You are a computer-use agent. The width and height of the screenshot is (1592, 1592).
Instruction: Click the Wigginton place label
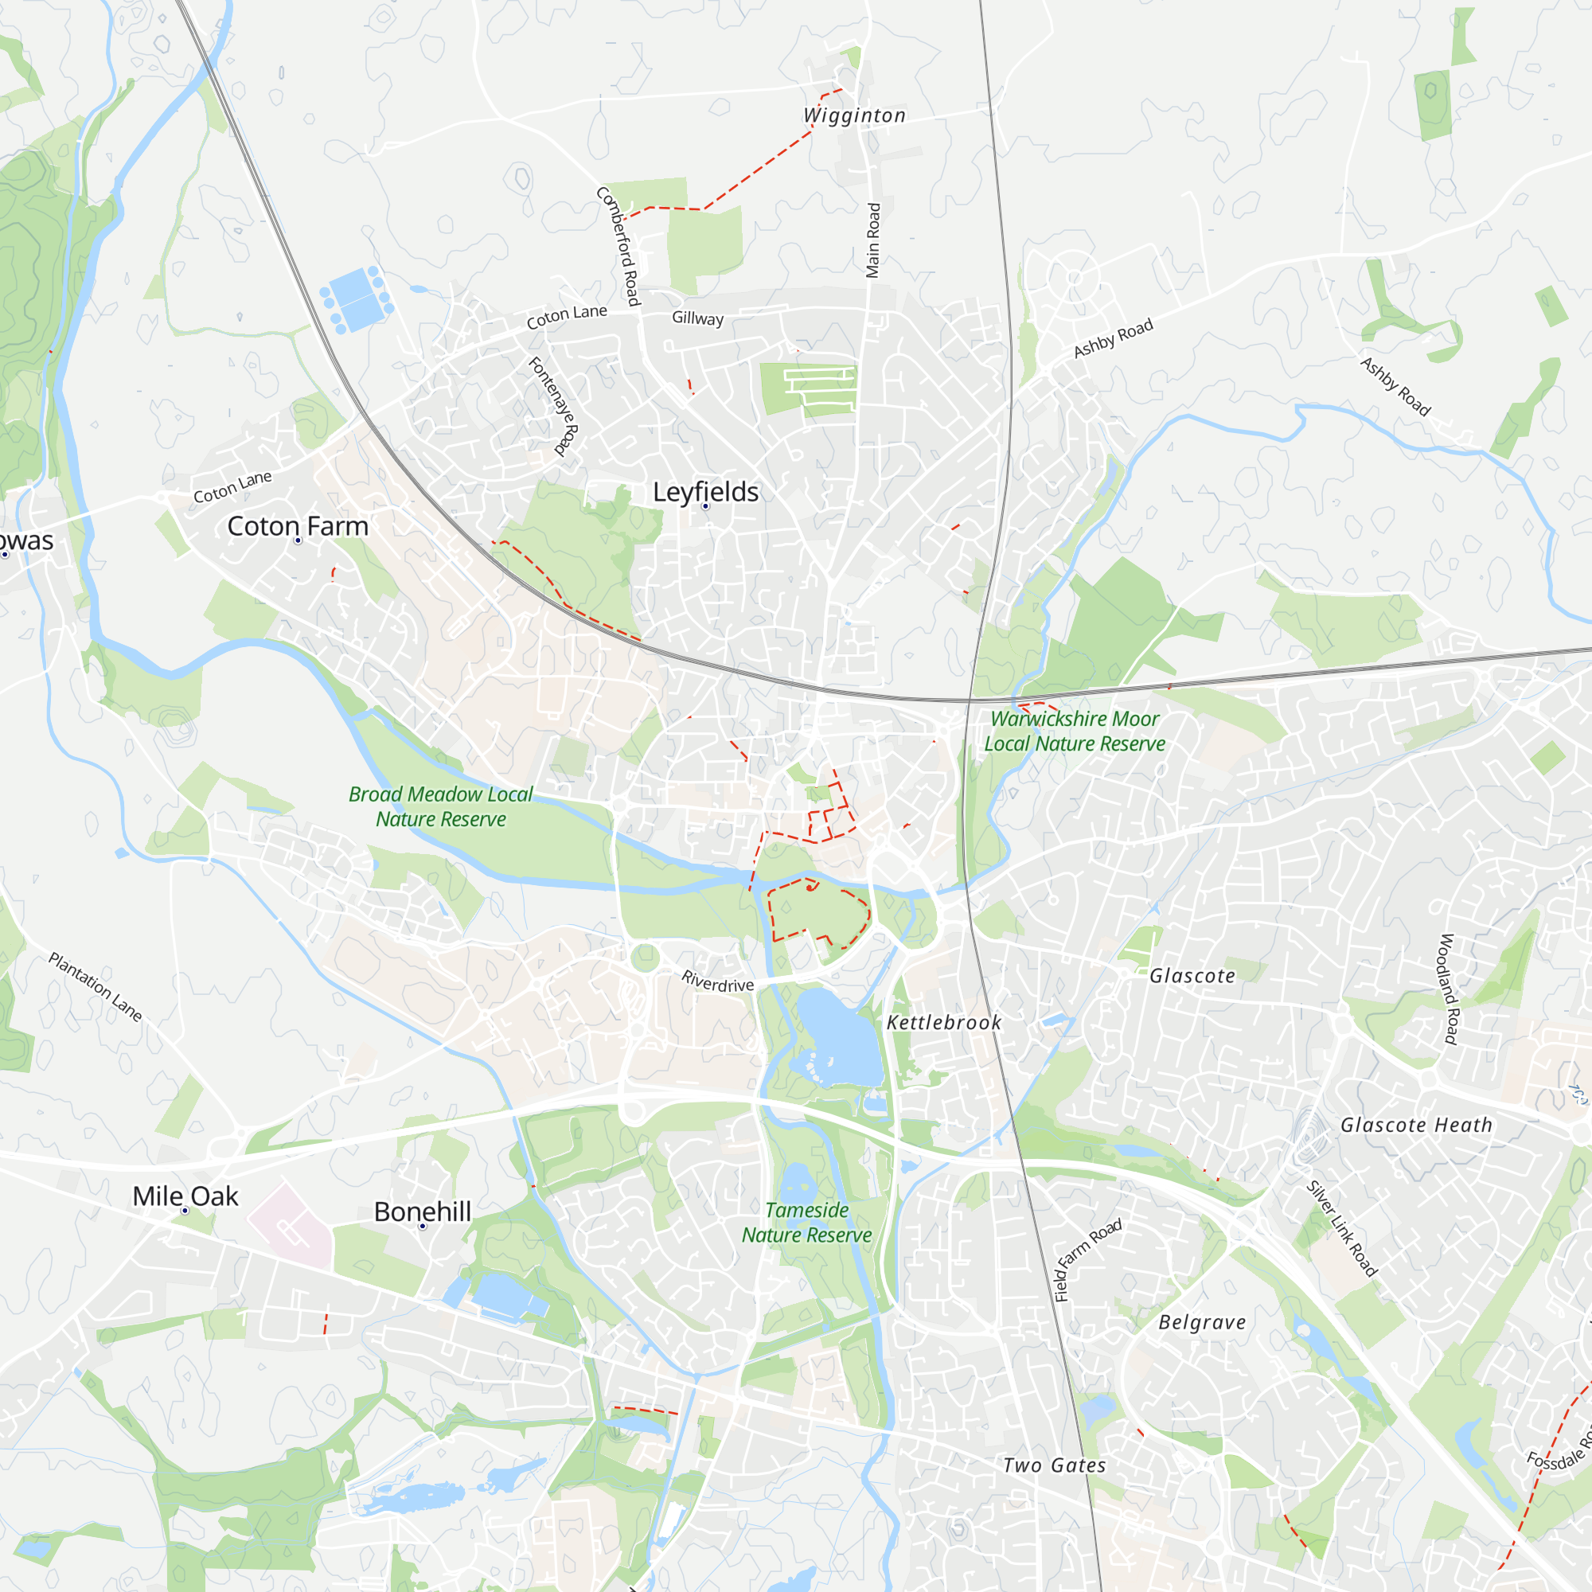coord(854,115)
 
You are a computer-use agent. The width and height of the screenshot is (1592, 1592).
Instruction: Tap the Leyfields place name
coord(705,492)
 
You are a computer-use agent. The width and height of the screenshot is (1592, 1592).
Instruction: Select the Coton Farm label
coord(298,525)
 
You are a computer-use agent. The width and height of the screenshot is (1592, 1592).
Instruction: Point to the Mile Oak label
coord(185,1196)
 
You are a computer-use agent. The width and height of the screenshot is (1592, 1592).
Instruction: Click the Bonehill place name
coord(423,1212)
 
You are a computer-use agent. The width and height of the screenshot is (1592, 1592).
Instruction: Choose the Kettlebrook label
coord(943,1023)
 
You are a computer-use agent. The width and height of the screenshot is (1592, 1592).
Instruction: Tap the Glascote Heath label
coord(1415,1125)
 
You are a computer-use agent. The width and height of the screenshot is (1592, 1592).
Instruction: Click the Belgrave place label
coord(1201,1321)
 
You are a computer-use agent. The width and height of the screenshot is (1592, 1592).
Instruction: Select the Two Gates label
coord(1054,1465)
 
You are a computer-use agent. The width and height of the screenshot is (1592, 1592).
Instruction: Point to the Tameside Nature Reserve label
coord(806,1222)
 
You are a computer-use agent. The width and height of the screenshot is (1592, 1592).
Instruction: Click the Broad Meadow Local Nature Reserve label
coord(441,806)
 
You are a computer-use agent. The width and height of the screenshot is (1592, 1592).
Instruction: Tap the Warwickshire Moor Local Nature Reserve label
coord(1075,731)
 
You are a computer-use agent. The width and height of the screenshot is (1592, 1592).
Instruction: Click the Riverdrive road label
coord(718,981)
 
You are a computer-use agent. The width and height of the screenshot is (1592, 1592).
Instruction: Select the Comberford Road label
coord(618,245)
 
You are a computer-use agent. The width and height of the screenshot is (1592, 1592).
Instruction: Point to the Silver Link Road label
coord(1341,1228)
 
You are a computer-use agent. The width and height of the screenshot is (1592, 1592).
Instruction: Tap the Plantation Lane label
coord(96,986)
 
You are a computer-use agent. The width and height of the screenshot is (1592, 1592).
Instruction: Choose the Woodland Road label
coord(1449,989)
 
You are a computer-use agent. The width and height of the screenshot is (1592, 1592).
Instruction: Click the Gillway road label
coord(697,318)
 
